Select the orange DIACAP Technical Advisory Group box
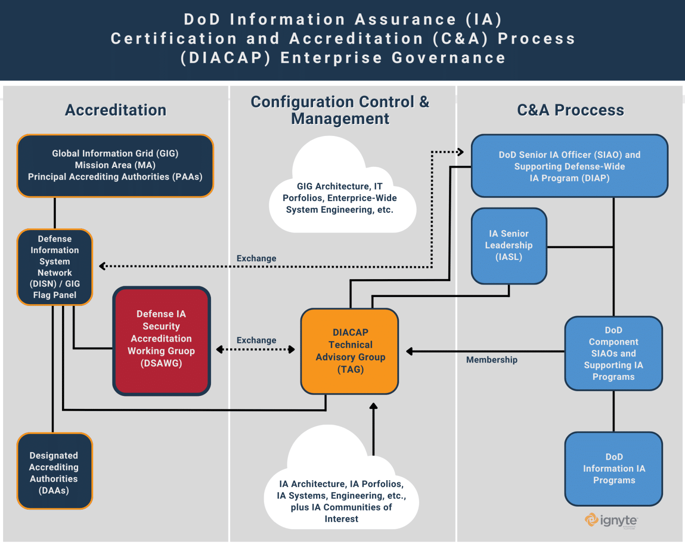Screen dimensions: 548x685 coord(350,351)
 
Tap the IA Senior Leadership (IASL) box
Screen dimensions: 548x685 coord(509,246)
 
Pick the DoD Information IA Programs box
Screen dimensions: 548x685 coord(614,469)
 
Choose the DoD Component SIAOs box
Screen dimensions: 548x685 coord(614,353)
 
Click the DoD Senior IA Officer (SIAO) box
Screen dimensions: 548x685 coord(569,166)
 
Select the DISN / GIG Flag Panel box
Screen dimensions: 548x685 coord(54,267)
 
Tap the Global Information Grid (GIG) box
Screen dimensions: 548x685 coord(115,165)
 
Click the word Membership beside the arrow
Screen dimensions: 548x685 coord(491,360)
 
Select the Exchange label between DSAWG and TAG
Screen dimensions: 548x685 coord(256,340)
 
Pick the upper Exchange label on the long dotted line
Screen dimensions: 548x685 coord(256,258)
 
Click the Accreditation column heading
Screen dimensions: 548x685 coord(116,110)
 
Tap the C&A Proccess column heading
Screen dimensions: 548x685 coord(570,110)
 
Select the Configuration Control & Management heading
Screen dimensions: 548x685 coord(340,110)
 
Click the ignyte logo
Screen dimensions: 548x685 coord(611,520)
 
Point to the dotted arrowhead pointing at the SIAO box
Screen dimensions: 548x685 coord(461,152)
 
